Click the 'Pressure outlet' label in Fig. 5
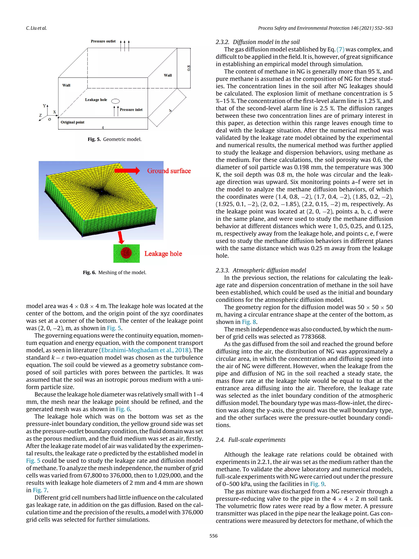(103, 41)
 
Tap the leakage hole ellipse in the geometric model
(115, 101)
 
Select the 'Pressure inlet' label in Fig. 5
(131, 110)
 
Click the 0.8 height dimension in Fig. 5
(189, 68)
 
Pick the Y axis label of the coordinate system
(44, 106)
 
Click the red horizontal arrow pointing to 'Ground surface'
(127, 171)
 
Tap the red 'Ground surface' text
(169, 171)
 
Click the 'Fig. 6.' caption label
(89, 272)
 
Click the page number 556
(213, 536)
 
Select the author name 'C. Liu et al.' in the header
(36, 28)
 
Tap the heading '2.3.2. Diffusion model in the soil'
(258, 42)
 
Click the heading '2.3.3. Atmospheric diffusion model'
(261, 270)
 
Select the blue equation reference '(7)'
(340, 49)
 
